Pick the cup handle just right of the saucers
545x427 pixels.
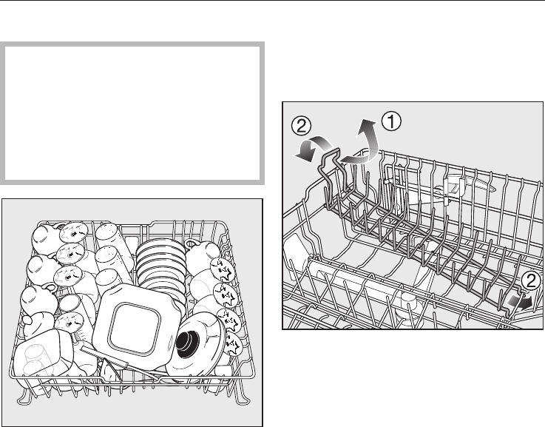click(x=193, y=243)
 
